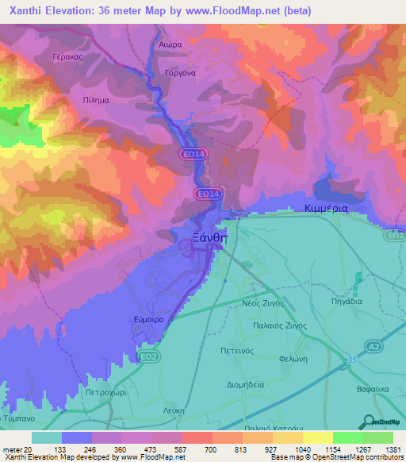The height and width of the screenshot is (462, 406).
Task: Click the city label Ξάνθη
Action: click(210, 237)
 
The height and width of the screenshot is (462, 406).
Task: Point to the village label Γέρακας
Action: click(67, 58)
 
